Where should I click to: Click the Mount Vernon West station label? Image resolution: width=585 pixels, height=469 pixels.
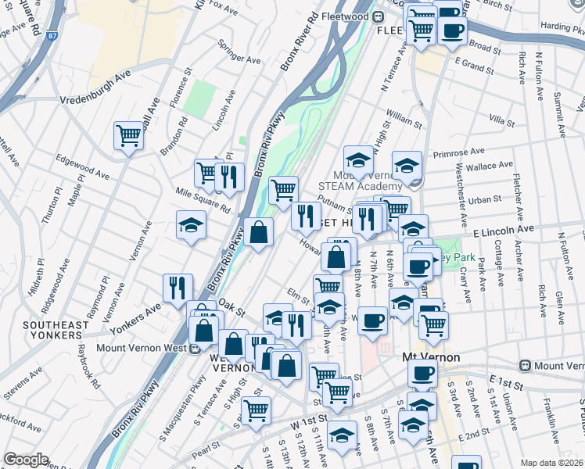pyautogui.click(x=137, y=349)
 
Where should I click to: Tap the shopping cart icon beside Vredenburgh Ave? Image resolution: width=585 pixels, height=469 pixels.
pyautogui.click(x=127, y=134)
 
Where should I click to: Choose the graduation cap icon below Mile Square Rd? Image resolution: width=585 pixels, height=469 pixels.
pyautogui.click(x=191, y=225)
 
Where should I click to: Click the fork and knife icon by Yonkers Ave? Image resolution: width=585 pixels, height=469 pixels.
pyautogui.click(x=178, y=287)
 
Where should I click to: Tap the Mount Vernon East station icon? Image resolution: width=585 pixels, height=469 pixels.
pyautogui.click(x=526, y=365)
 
